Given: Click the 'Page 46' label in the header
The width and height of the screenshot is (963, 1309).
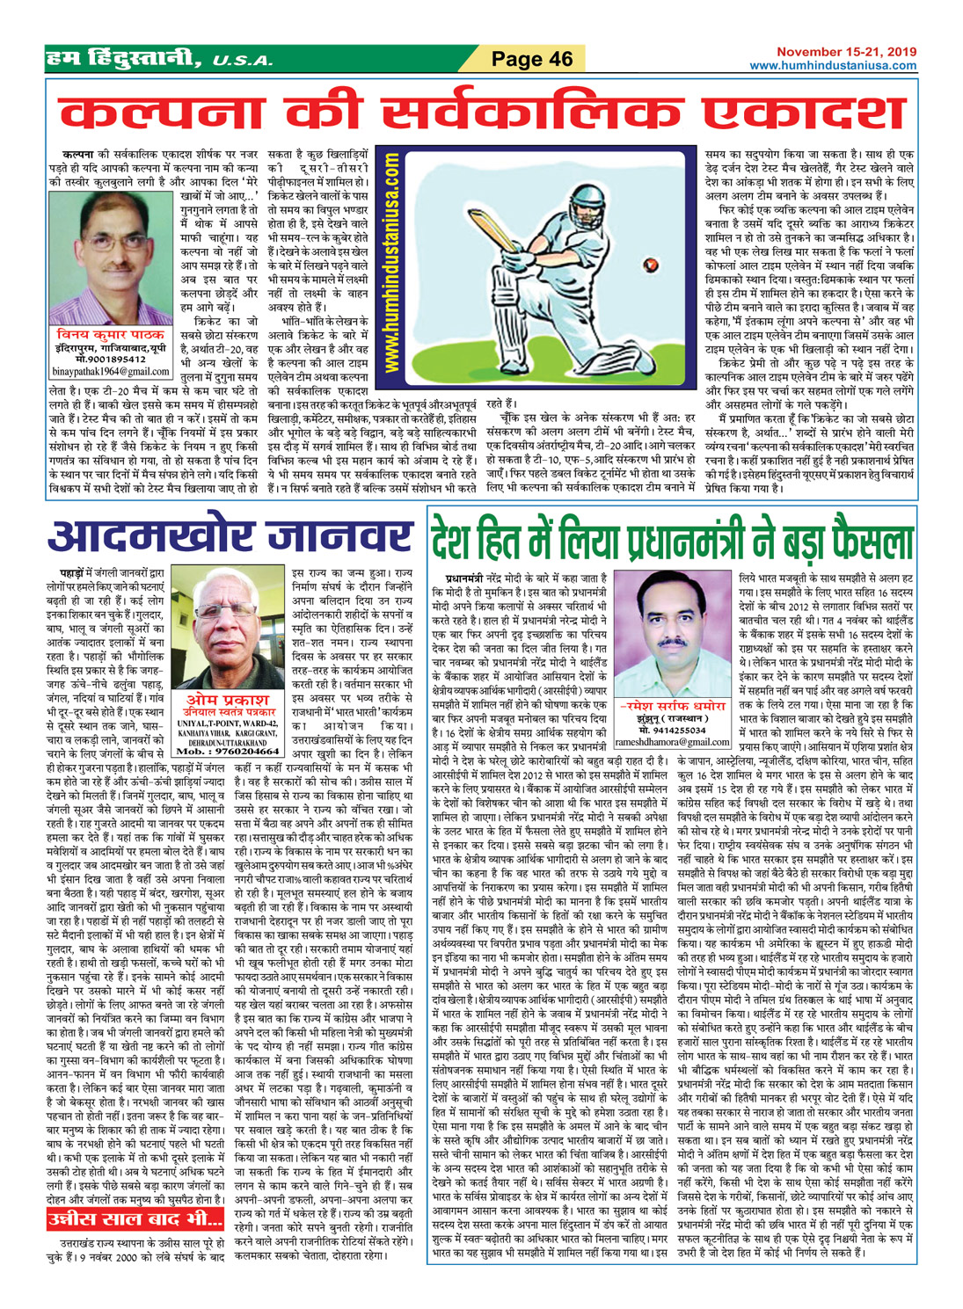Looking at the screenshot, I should pyautogui.click(x=532, y=59).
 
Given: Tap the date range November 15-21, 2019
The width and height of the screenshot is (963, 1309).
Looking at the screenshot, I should pyautogui.click(x=846, y=52).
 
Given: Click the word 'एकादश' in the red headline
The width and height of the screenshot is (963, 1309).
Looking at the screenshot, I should pyautogui.click(x=792, y=113).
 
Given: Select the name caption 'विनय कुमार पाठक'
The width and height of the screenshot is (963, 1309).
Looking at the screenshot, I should pyautogui.click(x=110, y=335).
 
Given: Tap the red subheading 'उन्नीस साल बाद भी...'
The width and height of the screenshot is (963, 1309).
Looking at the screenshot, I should pyautogui.click(x=135, y=1219).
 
